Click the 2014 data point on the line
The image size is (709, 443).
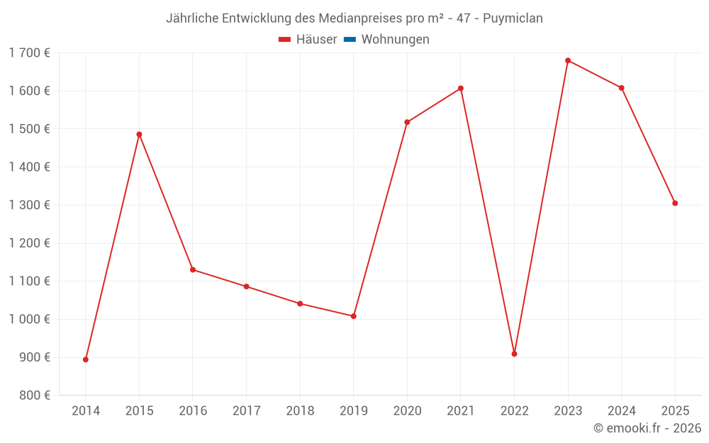pos(86,359)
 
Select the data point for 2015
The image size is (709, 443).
pos(139,134)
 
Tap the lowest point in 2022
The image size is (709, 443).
pos(514,354)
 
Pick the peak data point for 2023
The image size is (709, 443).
pos(568,60)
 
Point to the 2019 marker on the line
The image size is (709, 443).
pos(354,316)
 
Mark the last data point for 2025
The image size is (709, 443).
pos(675,203)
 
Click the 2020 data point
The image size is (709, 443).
pos(407,122)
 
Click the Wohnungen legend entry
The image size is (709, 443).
pos(395,40)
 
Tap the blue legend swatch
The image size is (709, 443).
pos(350,40)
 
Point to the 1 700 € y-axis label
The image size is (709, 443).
pos(30,52)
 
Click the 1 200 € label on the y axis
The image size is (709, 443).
pos(30,243)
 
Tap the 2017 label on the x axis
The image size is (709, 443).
pos(246,411)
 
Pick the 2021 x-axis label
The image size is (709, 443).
pos(461,411)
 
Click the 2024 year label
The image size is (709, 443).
pos(622,411)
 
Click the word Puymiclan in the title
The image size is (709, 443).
pos(513,18)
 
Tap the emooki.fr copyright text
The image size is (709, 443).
pos(647,428)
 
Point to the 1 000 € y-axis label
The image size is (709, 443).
pos(30,319)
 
